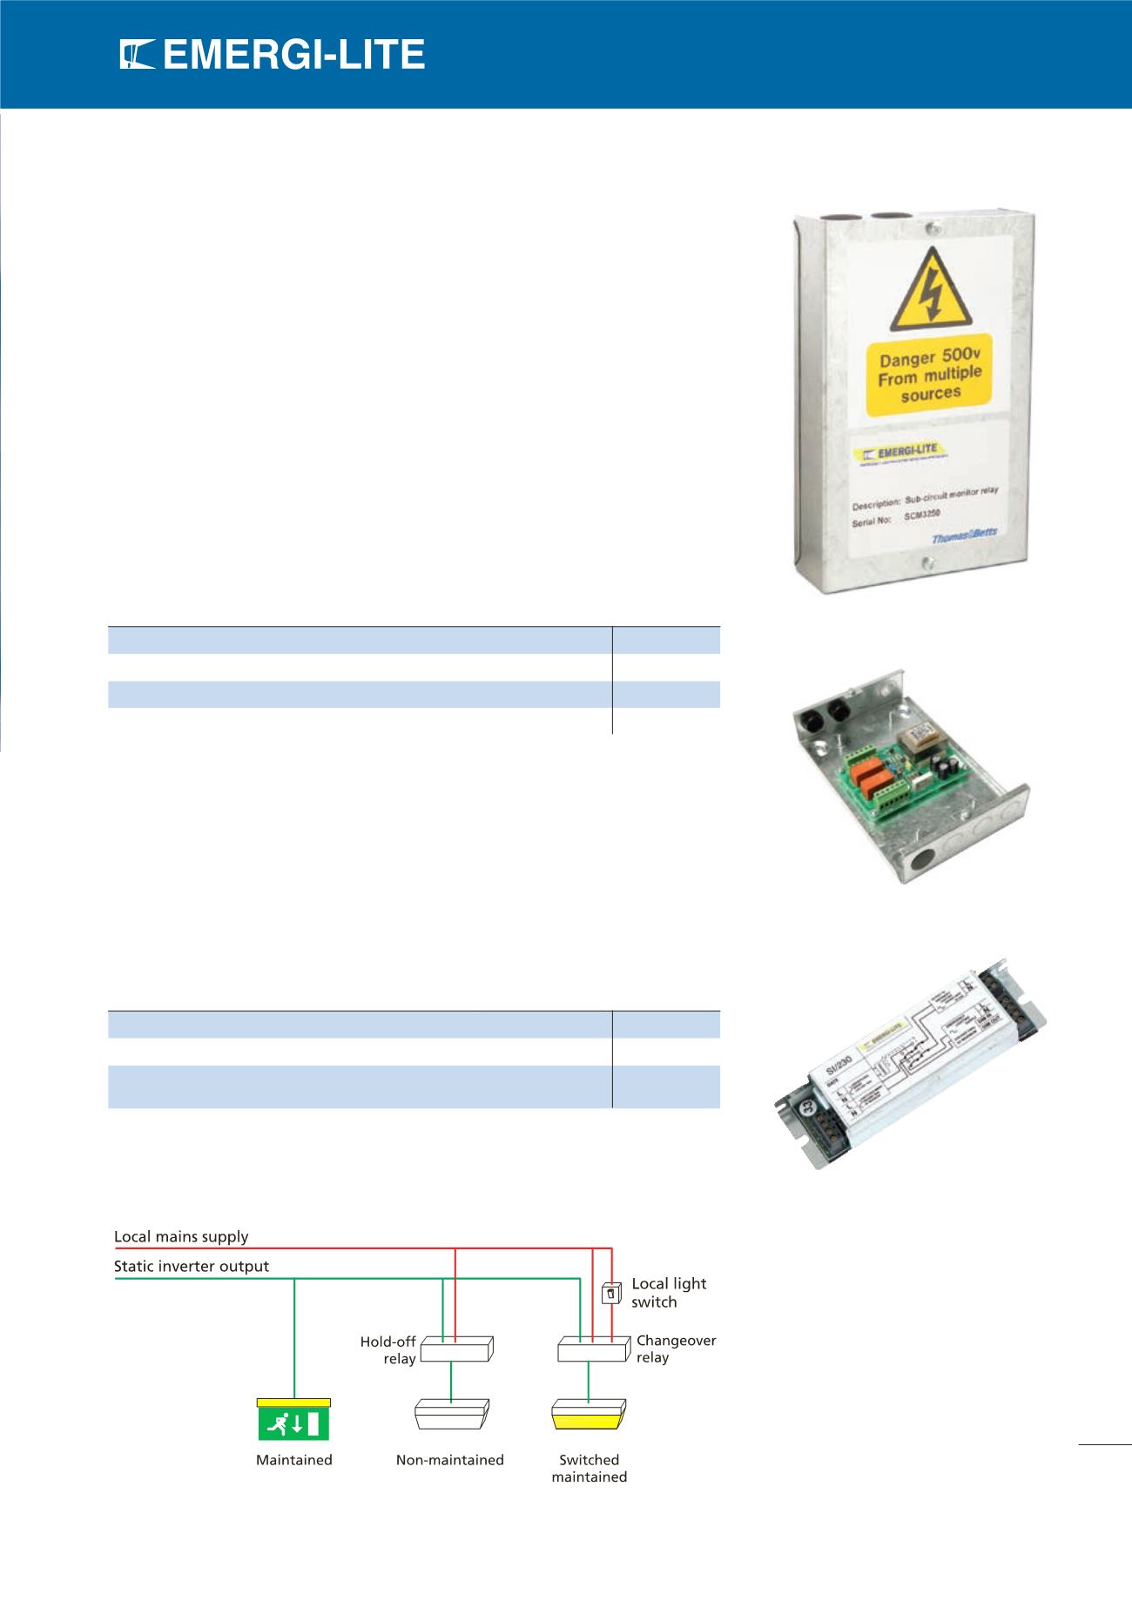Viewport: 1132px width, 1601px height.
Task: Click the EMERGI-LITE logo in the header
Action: click(273, 57)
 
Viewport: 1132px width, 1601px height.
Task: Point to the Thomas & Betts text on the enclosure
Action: click(964, 538)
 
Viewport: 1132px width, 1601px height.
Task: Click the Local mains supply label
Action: click(181, 1236)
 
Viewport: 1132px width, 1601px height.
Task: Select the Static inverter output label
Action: click(192, 1266)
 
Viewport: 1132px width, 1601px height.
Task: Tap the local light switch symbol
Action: click(611, 1295)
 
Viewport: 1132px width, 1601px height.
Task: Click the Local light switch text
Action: click(668, 1293)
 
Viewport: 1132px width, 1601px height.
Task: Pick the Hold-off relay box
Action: click(456, 1349)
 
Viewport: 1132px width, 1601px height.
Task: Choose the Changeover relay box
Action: click(593, 1350)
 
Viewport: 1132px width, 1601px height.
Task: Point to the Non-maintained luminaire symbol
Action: click(451, 1414)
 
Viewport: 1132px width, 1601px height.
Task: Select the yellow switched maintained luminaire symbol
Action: click(589, 1415)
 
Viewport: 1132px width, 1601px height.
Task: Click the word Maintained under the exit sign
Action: click(293, 1460)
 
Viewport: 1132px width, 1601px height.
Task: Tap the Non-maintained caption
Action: click(449, 1460)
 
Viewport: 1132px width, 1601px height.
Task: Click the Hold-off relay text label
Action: click(388, 1350)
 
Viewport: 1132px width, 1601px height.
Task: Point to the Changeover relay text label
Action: click(675, 1349)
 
